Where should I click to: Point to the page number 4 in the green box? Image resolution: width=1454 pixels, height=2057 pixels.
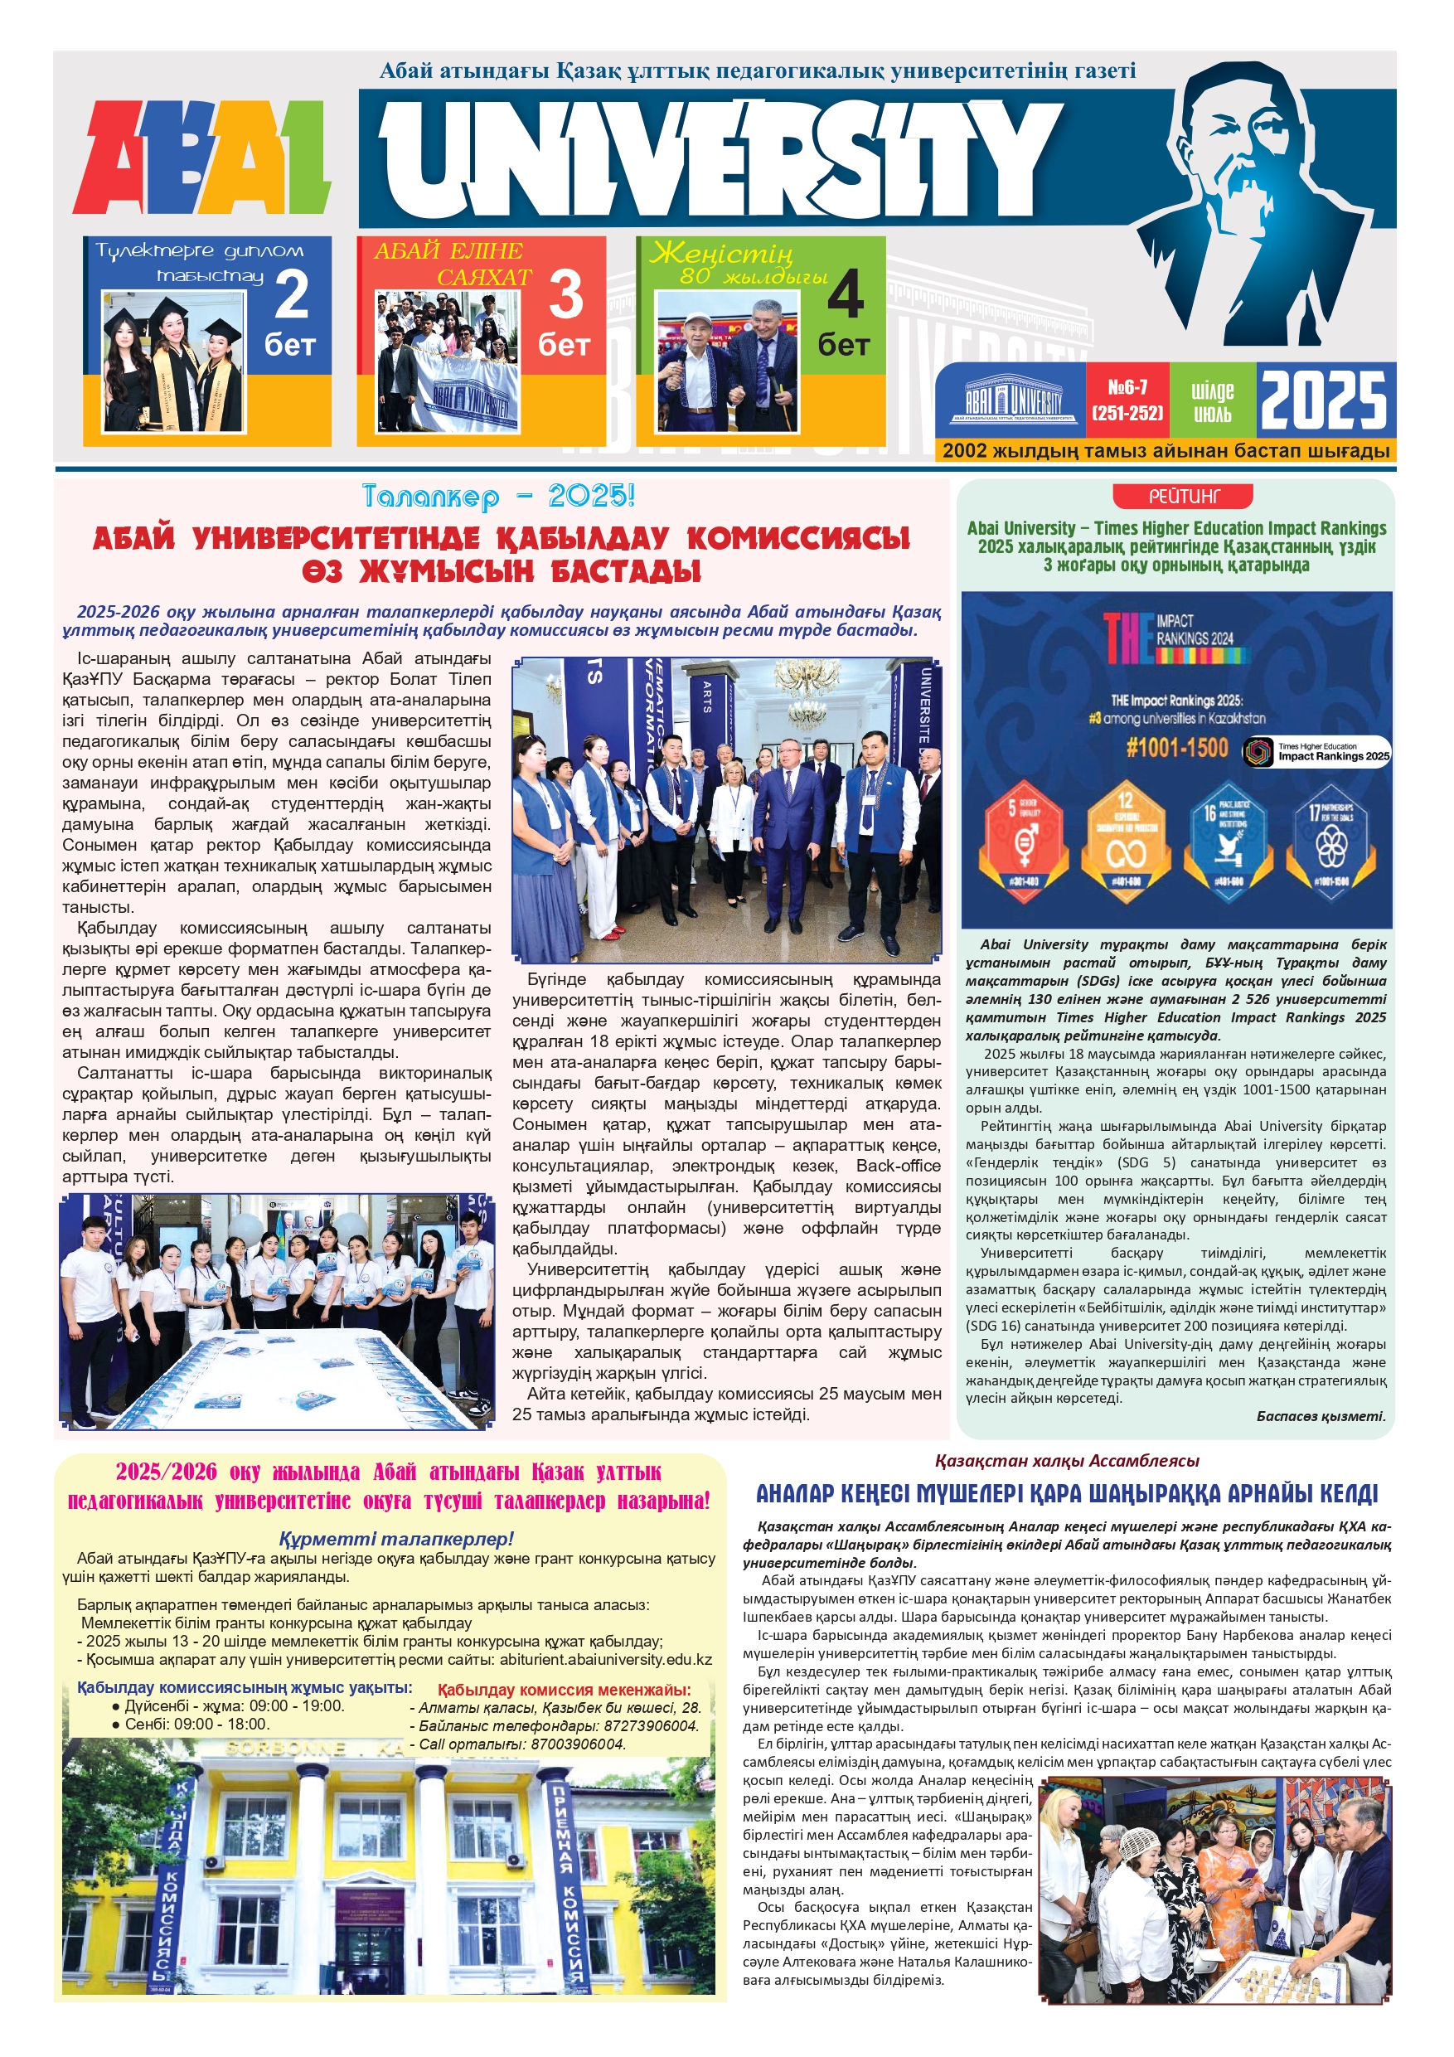[x=845, y=295]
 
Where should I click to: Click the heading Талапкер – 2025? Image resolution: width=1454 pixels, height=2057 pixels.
[x=499, y=497]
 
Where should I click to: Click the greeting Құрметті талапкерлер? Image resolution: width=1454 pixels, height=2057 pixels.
[x=396, y=1539]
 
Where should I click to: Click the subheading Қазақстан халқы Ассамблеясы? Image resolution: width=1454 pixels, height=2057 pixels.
[x=1066, y=1460]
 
